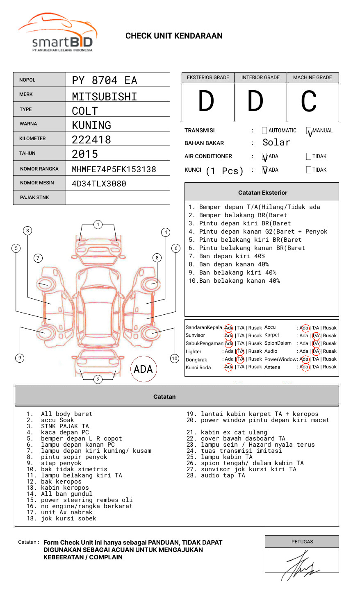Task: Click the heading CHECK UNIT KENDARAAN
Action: (174, 36)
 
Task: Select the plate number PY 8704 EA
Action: (105, 80)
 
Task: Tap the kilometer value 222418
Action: (91, 140)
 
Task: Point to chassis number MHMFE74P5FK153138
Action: (114, 169)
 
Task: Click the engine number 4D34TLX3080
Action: (99, 184)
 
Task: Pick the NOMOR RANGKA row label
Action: (39, 169)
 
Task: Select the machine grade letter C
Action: (309, 102)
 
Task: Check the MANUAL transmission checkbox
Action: (309, 131)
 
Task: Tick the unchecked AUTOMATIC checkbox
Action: (264, 131)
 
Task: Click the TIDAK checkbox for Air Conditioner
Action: (309, 157)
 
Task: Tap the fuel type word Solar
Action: (276, 143)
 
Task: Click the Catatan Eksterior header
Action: (262, 193)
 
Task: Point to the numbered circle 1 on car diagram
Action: (98, 225)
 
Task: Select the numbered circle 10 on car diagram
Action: (175, 359)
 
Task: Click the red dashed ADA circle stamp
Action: (143, 369)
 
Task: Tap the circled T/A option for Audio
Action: (316, 351)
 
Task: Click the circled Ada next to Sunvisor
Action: (229, 336)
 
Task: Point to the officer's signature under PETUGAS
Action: (301, 566)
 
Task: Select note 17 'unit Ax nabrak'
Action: (59, 512)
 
